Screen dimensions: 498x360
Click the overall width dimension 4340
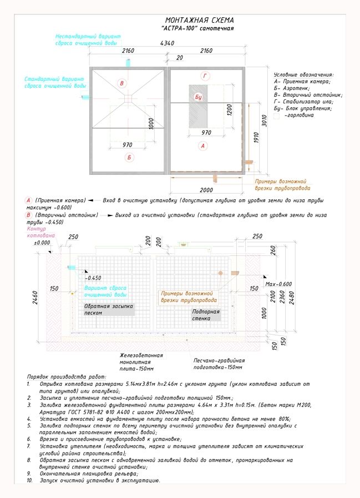(x=167, y=43)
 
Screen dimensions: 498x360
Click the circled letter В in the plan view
(x=122, y=83)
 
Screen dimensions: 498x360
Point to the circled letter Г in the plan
(x=205, y=76)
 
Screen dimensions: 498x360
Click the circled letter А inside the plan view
(x=203, y=145)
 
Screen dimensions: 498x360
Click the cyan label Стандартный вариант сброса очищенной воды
(x=55, y=83)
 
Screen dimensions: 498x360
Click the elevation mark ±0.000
(x=42, y=243)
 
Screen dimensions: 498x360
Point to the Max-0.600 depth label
(x=278, y=284)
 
